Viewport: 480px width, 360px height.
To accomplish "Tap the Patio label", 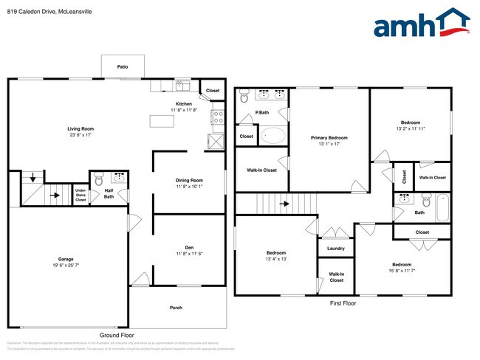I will click(123, 67).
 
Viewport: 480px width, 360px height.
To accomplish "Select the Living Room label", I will click(81, 129).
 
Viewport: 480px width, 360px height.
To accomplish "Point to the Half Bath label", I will click(109, 194).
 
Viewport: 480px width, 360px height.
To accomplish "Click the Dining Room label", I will click(189, 181).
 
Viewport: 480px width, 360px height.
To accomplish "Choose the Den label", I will click(189, 247).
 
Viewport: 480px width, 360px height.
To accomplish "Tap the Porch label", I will click(176, 308).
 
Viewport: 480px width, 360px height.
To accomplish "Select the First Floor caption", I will click(343, 303).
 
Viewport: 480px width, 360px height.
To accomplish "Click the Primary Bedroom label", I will click(329, 138).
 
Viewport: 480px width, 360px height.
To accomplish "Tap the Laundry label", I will click(335, 249).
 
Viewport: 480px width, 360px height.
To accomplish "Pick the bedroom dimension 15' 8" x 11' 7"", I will click(402, 270).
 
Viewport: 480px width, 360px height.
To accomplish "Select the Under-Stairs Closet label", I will click(80, 195).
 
